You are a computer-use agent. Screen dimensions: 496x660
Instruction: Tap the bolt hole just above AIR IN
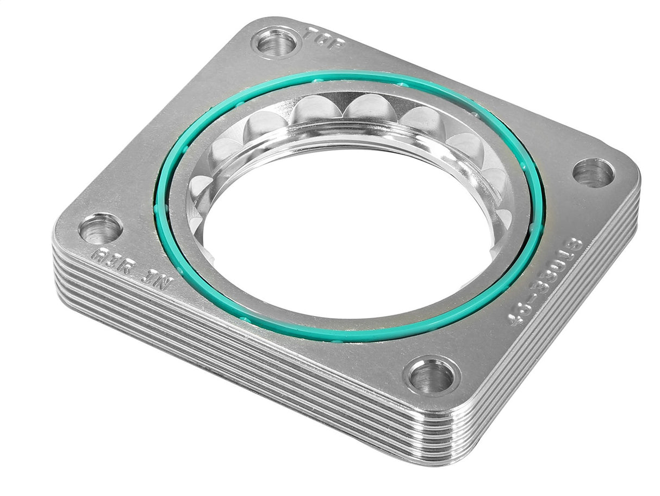click(101, 229)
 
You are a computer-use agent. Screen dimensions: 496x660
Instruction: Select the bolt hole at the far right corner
click(593, 173)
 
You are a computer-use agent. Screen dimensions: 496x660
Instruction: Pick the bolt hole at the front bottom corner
click(432, 376)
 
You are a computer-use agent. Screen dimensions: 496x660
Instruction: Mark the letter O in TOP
click(325, 38)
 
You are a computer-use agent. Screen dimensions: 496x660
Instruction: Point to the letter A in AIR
click(99, 255)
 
